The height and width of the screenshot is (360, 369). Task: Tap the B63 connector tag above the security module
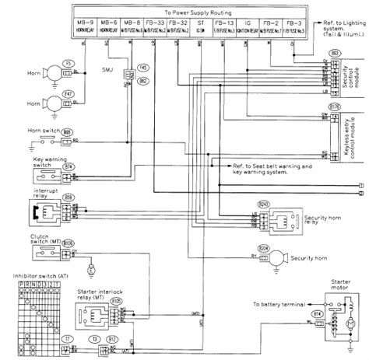(x=314, y=51)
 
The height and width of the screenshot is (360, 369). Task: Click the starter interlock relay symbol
(x=93, y=315)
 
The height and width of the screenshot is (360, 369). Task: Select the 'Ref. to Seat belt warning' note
(x=272, y=166)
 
